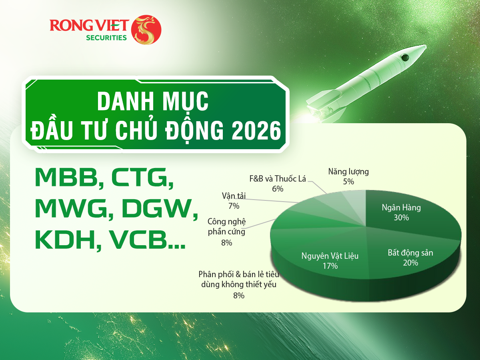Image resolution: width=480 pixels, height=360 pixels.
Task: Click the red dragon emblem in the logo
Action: click(x=146, y=30)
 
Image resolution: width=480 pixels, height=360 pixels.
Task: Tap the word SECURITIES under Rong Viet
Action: click(x=106, y=38)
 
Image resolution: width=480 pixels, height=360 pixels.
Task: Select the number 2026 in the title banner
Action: click(x=256, y=130)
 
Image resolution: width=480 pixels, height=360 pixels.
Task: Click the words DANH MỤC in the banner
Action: click(x=153, y=101)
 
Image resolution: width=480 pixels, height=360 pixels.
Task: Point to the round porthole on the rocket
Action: click(x=405, y=58)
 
